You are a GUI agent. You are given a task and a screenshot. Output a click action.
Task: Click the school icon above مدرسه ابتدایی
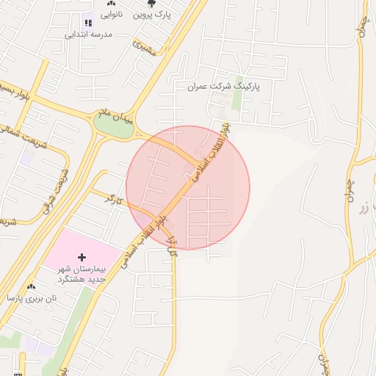point(89,23)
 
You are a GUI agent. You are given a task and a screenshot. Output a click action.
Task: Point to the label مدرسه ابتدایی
point(89,35)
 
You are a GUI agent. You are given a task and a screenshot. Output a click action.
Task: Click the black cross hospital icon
point(82,257)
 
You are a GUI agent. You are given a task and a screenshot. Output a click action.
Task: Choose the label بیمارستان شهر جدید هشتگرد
point(82,274)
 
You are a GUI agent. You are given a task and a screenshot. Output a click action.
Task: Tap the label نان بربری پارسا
point(30,298)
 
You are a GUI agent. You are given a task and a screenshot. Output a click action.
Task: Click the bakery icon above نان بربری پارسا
point(30,287)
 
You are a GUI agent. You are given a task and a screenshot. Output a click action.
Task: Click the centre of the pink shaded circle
point(188,187)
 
